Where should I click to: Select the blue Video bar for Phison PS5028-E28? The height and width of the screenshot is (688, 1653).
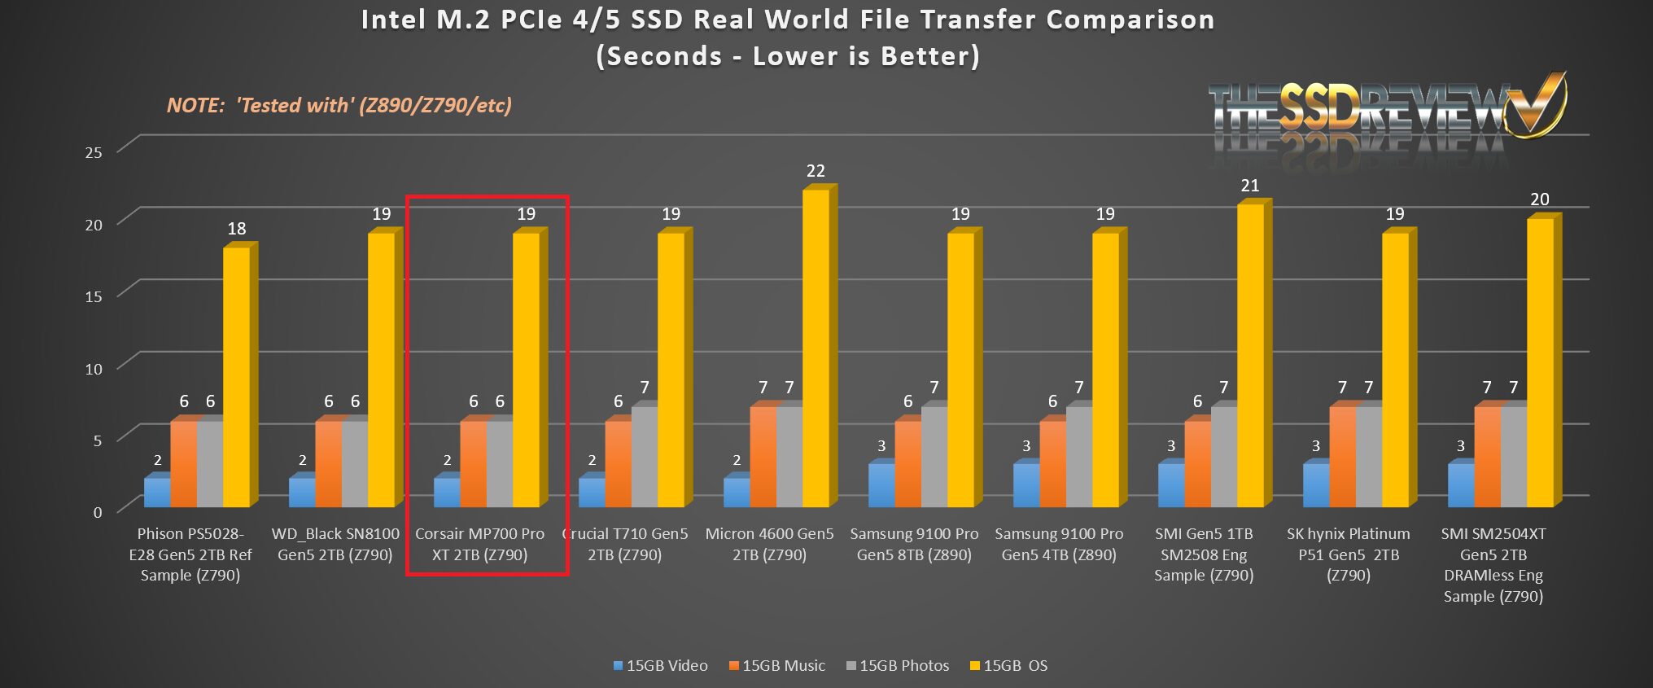pyautogui.click(x=157, y=493)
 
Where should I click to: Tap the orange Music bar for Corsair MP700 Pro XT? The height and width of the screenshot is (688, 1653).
pyautogui.click(x=473, y=464)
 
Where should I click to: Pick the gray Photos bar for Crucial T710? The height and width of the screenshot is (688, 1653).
pyautogui.click(x=644, y=457)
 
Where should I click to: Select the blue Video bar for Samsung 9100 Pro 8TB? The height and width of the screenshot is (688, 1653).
pyautogui.click(x=881, y=485)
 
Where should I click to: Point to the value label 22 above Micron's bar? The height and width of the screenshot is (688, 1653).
pyautogui.click(x=816, y=171)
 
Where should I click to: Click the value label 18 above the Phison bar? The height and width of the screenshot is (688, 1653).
pyautogui.click(x=237, y=229)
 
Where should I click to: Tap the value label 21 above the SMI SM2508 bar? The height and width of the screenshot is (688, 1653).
pyautogui.click(x=1250, y=186)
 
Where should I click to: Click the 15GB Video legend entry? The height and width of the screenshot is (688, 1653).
pyautogui.click(x=660, y=666)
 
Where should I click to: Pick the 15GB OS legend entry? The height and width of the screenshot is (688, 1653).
pyautogui.click(x=1008, y=666)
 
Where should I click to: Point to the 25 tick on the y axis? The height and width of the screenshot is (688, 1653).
pyautogui.click(x=94, y=152)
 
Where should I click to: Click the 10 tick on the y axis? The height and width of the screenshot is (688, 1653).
pyautogui.click(x=94, y=369)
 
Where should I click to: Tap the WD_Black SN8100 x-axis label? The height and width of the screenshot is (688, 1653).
pyautogui.click(x=335, y=545)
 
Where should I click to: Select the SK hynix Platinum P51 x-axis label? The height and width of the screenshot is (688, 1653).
pyautogui.click(x=1349, y=554)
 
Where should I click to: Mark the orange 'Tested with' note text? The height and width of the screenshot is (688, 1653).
pyautogui.click(x=339, y=105)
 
